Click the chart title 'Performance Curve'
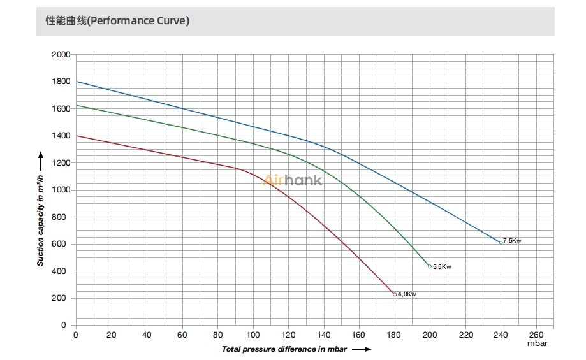(117, 20)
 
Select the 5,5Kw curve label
(442, 267)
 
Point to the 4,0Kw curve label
(407, 294)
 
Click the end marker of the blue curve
(501, 242)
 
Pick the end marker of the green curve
(430, 266)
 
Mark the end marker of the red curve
(395, 294)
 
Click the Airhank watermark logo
(293, 180)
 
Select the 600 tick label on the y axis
(62, 244)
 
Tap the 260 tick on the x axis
(536, 335)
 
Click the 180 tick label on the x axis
(395, 335)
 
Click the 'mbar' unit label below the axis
(537, 343)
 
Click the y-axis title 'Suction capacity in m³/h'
(41, 213)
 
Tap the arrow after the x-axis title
(362, 349)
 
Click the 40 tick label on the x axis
(147, 335)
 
